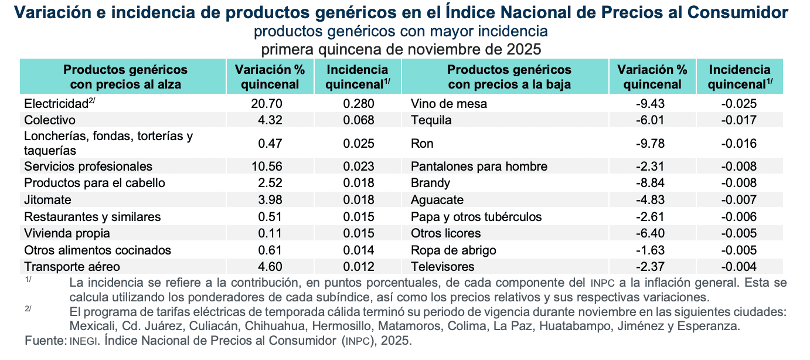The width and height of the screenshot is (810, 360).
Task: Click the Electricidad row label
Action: pyautogui.click(x=56, y=104)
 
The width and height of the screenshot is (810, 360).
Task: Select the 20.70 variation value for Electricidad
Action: pyautogui.click(x=267, y=104)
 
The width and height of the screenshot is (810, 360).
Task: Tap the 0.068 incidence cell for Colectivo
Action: pyautogui.click(x=358, y=120)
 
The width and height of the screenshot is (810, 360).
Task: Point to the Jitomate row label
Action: pyautogui.click(x=47, y=199)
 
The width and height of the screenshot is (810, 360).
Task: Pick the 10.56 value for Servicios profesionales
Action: pyautogui.click(x=267, y=166)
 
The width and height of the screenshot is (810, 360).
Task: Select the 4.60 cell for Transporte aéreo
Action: pyautogui.click(x=270, y=267)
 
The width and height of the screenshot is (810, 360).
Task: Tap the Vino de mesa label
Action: pyautogui.click(x=449, y=104)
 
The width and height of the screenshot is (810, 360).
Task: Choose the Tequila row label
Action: pyautogui.click(x=431, y=120)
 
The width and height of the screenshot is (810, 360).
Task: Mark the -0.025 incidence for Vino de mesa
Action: pyautogui.click(x=740, y=104)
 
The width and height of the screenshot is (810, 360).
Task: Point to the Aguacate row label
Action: pyautogui.click(x=437, y=199)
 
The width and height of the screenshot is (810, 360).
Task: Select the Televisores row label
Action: pyautogui.click(x=443, y=267)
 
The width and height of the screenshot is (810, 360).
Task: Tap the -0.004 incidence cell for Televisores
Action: pyautogui.click(x=740, y=267)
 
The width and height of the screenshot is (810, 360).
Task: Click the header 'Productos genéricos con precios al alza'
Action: pyautogui.click(x=125, y=77)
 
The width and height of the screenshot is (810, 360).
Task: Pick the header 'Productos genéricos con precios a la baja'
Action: pyautogui.click(x=509, y=77)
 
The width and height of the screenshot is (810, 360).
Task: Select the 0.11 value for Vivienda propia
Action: pyautogui.click(x=270, y=233)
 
